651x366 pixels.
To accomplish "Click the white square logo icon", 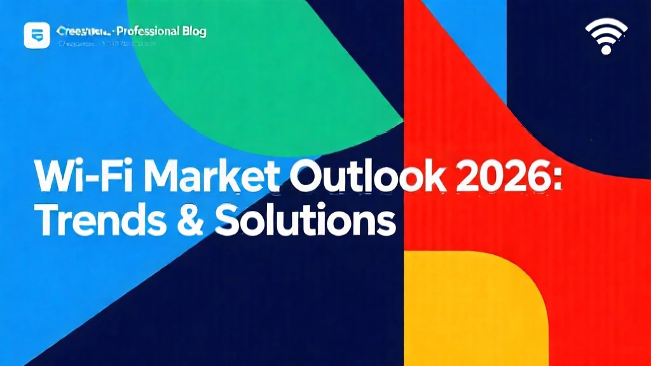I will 36,35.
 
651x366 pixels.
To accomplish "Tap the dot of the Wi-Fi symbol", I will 606,50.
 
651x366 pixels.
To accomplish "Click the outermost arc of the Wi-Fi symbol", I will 606,24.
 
